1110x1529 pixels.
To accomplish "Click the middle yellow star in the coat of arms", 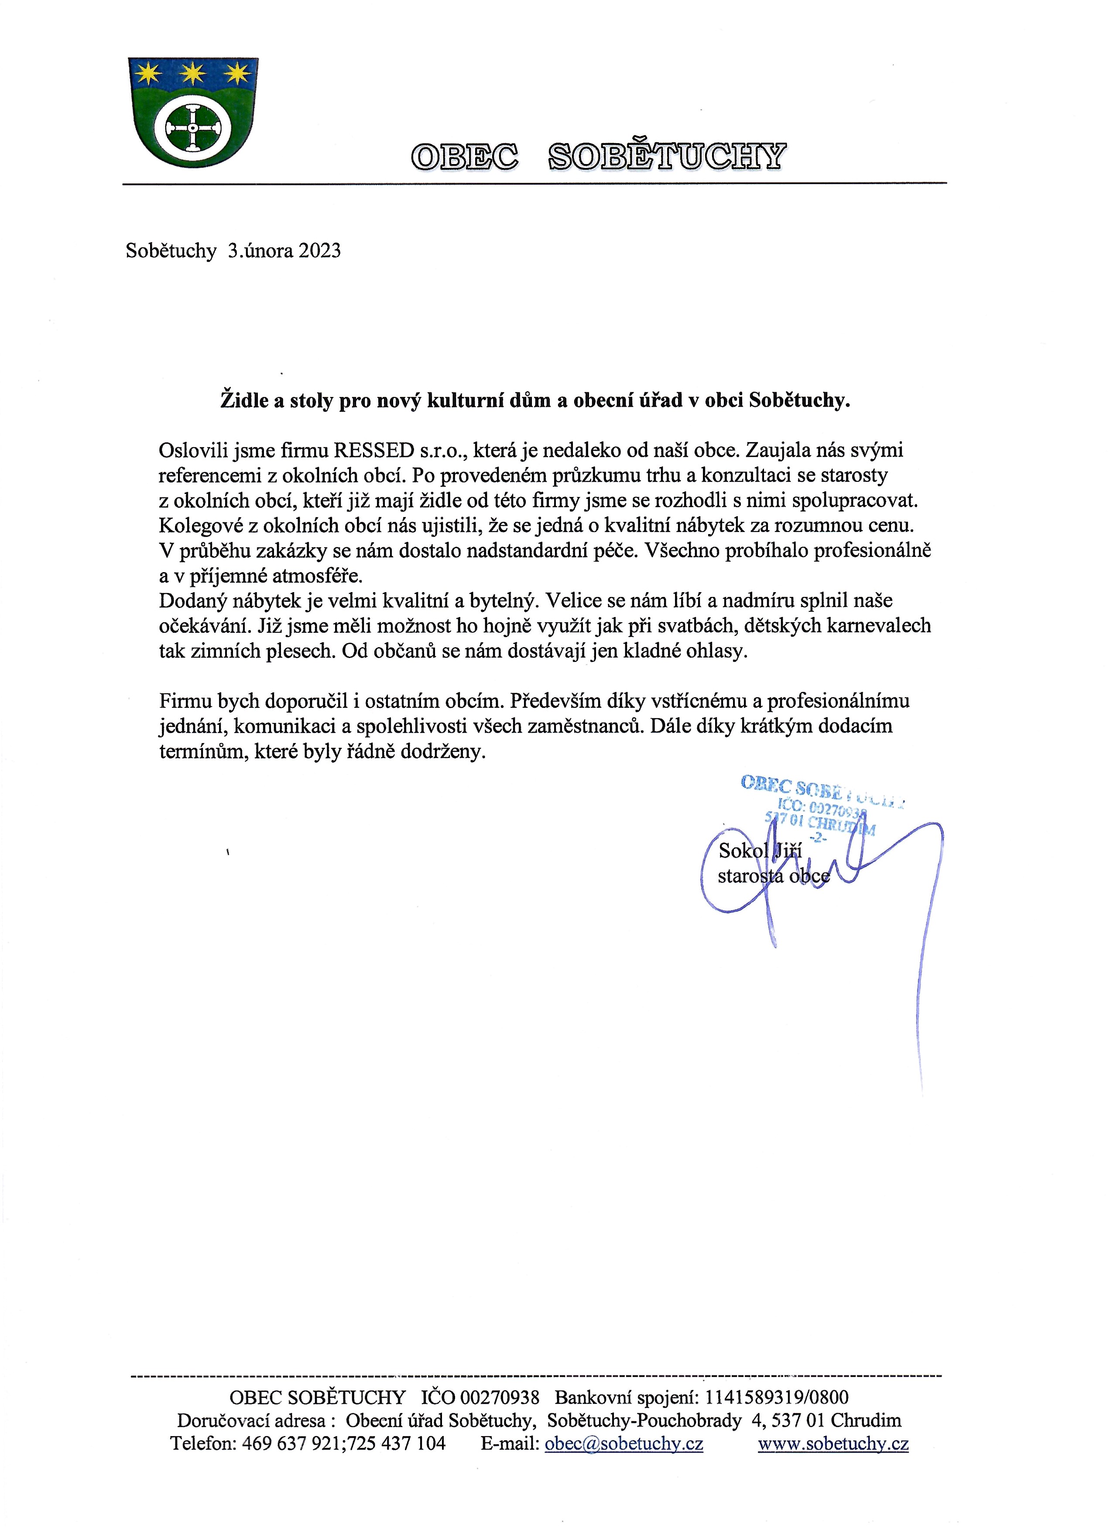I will pos(193,72).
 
